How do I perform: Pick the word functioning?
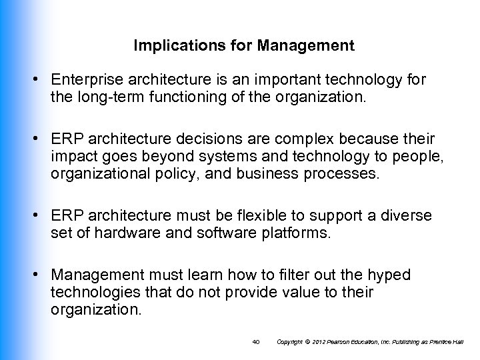185,97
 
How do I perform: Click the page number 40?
257,341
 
